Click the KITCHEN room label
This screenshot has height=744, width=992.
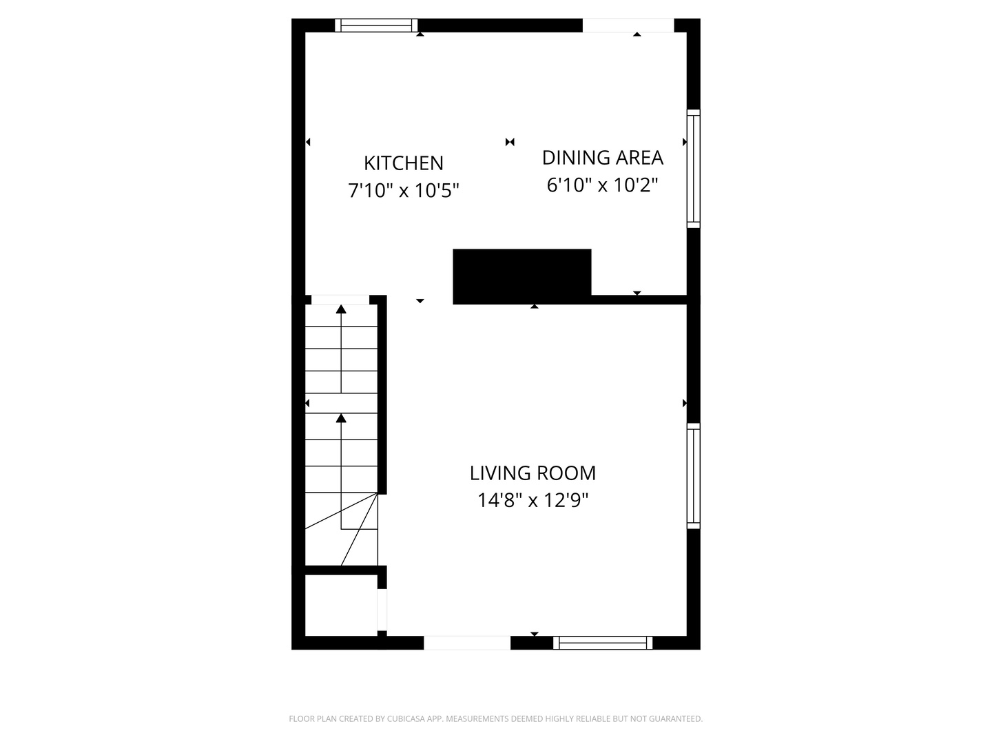pyautogui.click(x=403, y=163)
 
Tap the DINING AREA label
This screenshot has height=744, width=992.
pyautogui.click(x=602, y=158)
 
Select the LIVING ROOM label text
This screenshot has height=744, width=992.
pyautogui.click(x=533, y=473)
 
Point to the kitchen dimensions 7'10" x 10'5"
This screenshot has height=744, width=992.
pyautogui.click(x=403, y=190)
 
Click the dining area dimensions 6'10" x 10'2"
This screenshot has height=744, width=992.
pyautogui.click(x=602, y=185)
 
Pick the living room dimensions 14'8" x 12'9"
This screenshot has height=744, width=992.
pyautogui.click(x=533, y=500)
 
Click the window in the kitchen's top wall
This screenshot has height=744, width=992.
pyautogui.click(x=376, y=25)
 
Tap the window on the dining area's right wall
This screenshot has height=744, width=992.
pyautogui.click(x=693, y=169)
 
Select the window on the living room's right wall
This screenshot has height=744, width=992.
pyautogui.click(x=693, y=476)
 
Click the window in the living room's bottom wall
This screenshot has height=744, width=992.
pyautogui.click(x=602, y=643)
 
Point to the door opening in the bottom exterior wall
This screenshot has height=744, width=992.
pyautogui.click(x=466, y=643)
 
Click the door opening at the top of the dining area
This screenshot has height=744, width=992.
pyautogui.click(x=628, y=25)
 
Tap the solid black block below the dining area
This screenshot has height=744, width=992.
pyautogui.click(x=521, y=276)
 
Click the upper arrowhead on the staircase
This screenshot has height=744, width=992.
pyautogui.click(x=341, y=309)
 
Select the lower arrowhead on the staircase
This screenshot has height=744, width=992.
pyautogui.click(x=341, y=418)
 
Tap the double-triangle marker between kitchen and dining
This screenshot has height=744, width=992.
pyautogui.click(x=510, y=142)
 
